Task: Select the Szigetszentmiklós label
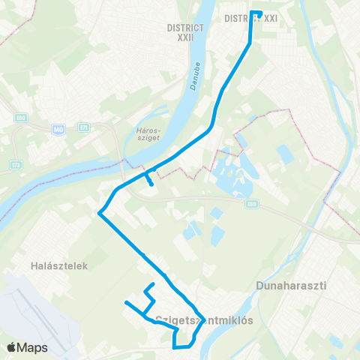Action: [202, 319]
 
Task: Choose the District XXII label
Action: [181, 31]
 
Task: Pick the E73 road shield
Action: [16, 164]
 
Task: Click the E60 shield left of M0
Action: [20, 118]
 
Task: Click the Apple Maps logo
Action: [26, 347]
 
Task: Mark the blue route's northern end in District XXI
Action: [259, 13]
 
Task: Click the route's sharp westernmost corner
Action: [99, 212]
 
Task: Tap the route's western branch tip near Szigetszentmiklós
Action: [127, 303]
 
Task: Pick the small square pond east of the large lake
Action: [286, 154]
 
